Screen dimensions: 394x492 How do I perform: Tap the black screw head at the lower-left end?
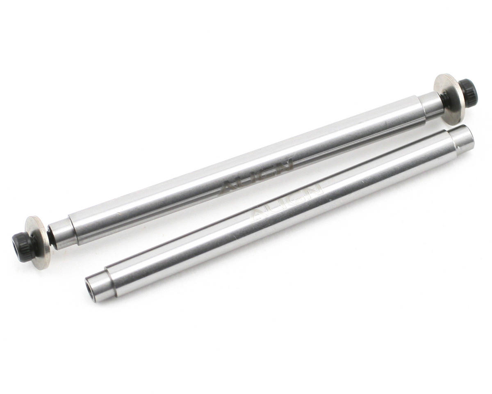pos(23,246)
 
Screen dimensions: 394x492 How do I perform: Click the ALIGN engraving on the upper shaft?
pos(257,176)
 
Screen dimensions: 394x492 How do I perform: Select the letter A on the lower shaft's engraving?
pos(258,215)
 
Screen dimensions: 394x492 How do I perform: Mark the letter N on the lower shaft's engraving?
pos(314,191)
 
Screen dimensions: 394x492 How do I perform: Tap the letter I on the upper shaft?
pos(256,176)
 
